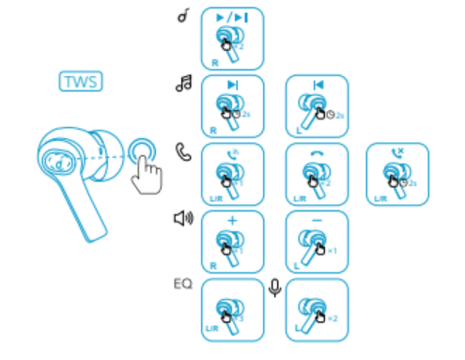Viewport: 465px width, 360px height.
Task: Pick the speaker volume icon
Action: tap(183, 219)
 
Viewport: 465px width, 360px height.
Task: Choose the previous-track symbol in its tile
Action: tap(317, 85)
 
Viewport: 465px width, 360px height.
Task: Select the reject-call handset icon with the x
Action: tap(397, 151)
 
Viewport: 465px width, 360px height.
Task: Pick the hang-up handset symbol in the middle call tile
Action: tap(317, 153)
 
